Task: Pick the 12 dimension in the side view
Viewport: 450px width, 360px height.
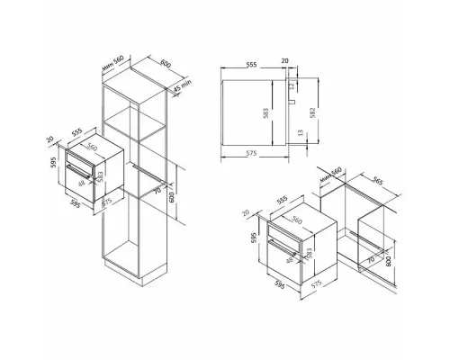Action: [291, 84]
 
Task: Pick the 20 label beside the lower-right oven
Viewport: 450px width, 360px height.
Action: [247, 212]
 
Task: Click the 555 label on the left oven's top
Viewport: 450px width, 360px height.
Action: [77, 130]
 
